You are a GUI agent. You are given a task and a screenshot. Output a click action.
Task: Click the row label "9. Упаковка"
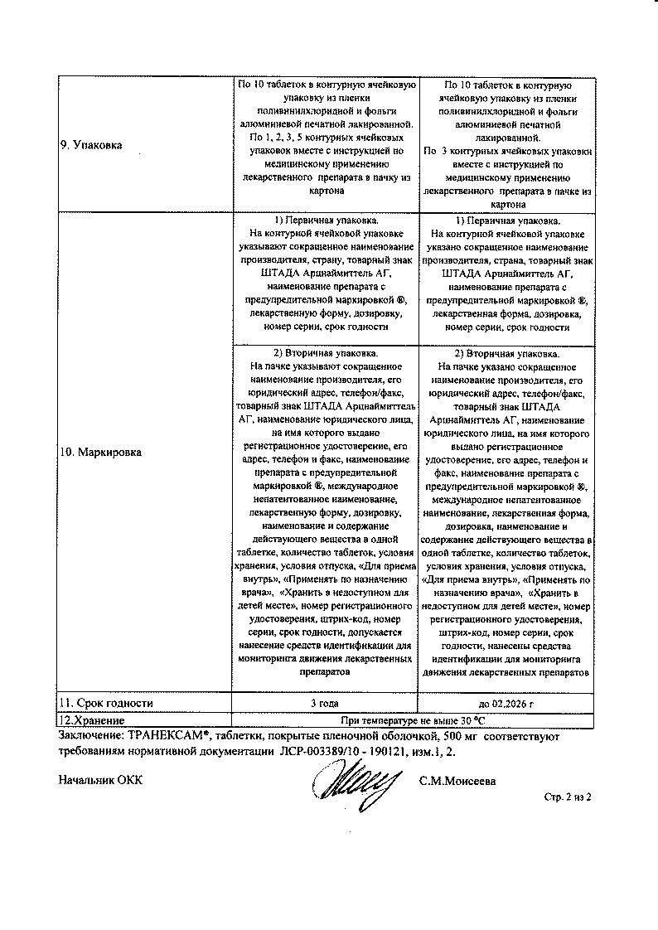[91, 145]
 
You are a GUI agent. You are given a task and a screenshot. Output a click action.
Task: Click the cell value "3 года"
[325, 703]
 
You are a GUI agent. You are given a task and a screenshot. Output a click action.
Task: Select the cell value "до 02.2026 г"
[506, 703]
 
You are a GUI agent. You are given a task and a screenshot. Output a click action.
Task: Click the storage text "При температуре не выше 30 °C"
[412, 719]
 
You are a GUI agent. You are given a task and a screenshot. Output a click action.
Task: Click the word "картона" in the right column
[507, 203]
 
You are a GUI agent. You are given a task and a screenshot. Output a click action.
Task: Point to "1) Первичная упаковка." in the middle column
[326, 221]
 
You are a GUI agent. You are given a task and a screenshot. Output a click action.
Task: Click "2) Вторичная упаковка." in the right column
[507, 352]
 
